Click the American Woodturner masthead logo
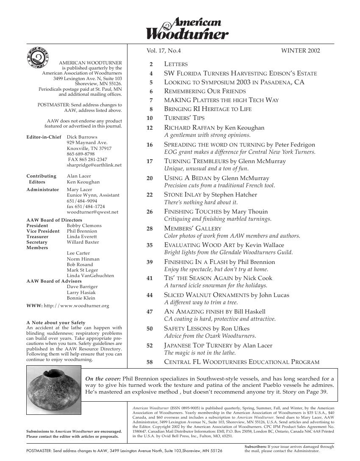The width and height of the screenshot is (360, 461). point(188,29)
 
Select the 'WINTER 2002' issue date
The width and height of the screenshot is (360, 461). point(300,51)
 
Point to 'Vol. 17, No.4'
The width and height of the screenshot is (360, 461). point(163,51)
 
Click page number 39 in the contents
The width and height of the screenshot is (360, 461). point(150,262)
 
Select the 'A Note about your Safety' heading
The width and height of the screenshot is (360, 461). point(55,322)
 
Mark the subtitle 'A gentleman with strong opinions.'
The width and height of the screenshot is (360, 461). point(207,136)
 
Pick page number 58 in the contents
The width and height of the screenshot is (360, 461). point(150,362)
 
